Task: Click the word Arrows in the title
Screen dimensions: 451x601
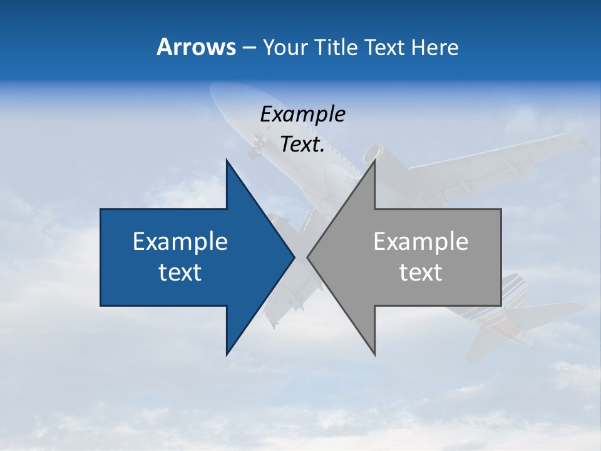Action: tap(195, 47)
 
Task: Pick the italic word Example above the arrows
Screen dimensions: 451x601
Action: tap(302, 114)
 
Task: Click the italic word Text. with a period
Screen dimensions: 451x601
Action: tap(302, 145)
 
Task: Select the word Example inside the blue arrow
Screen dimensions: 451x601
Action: tap(180, 242)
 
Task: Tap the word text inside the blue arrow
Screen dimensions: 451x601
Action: tap(180, 272)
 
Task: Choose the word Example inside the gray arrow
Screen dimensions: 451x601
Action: tap(421, 242)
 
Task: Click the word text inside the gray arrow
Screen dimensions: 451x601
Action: tap(421, 272)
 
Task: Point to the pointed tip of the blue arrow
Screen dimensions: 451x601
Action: tap(294, 257)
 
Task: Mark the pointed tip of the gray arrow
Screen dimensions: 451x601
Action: tap(308, 257)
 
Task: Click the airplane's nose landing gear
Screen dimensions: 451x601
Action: tap(256, 147)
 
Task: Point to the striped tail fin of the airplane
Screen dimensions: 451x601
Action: tap(513, 294)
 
